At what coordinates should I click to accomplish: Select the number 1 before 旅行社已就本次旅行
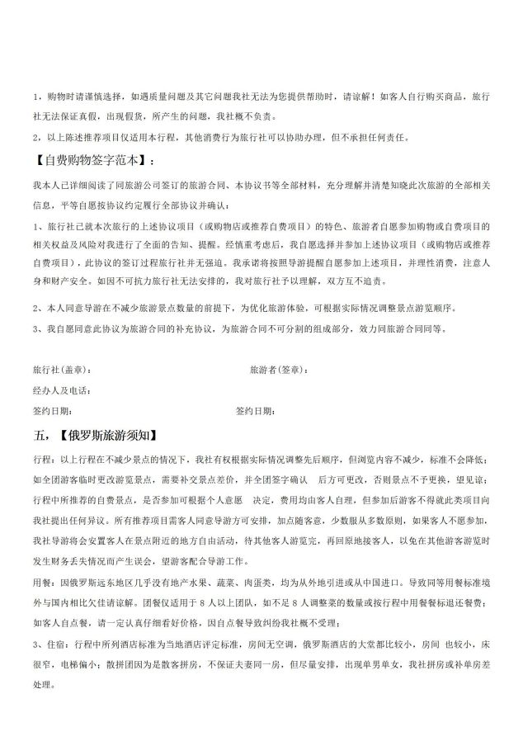[x=35, y=226]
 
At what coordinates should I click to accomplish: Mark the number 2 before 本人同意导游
[x=35, y=308]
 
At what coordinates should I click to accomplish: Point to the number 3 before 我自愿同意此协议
[x=35, y=328]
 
